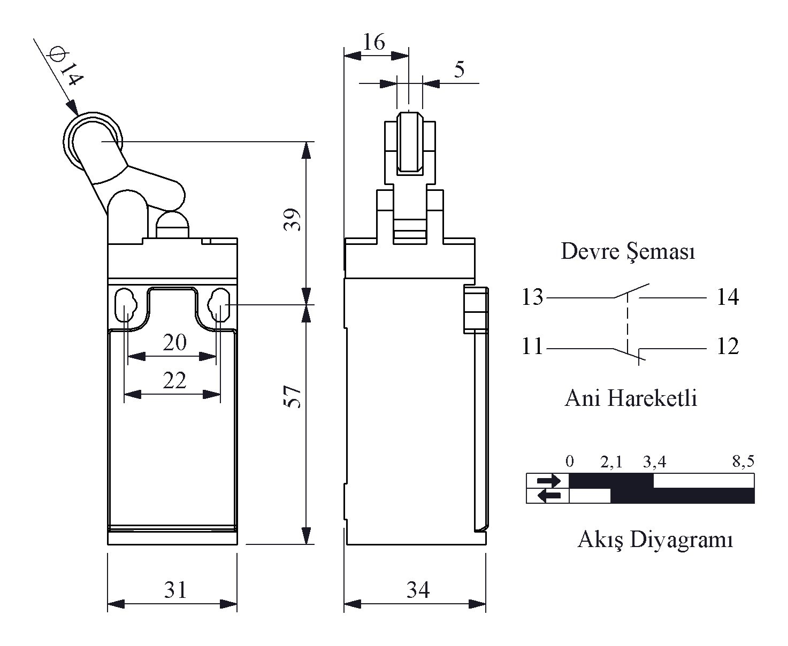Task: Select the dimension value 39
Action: coord(293,220)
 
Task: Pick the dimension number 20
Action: coord(174,342)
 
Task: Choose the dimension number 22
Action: coord(174,381)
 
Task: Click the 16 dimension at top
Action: coord(373,42)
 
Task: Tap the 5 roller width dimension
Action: coord(459,69)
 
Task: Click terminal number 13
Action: coord(532,297)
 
